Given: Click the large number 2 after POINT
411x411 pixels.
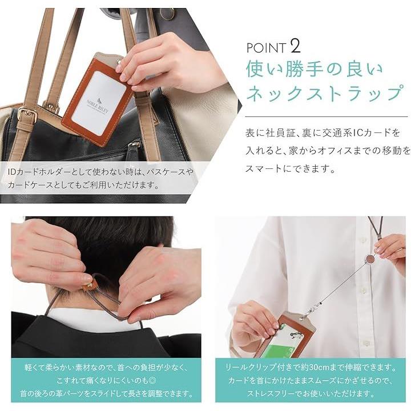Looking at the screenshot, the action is click(296, 46).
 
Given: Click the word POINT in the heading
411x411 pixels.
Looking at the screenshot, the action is click(266, 48).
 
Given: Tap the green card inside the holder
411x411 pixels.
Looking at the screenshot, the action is click(277, 352).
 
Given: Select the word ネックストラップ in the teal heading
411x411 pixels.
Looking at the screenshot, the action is click(324, 94).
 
